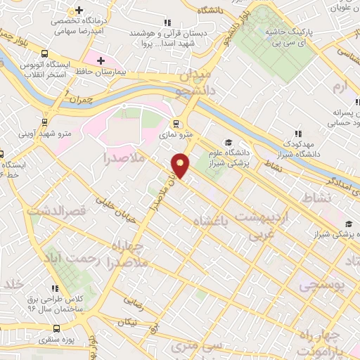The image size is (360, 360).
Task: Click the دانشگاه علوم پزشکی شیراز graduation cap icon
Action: coord(228,141)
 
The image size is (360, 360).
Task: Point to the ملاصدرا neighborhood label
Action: coord(126,156)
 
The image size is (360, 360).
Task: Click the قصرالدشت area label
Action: coord(56,210)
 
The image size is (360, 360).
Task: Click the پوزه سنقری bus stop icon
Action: coord(57,328)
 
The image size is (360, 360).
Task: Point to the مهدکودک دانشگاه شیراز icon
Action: coord(298,134)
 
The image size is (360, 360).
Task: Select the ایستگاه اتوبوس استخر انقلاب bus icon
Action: coord(45,53)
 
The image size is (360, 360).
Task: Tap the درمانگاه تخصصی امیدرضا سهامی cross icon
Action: coord(79,11)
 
